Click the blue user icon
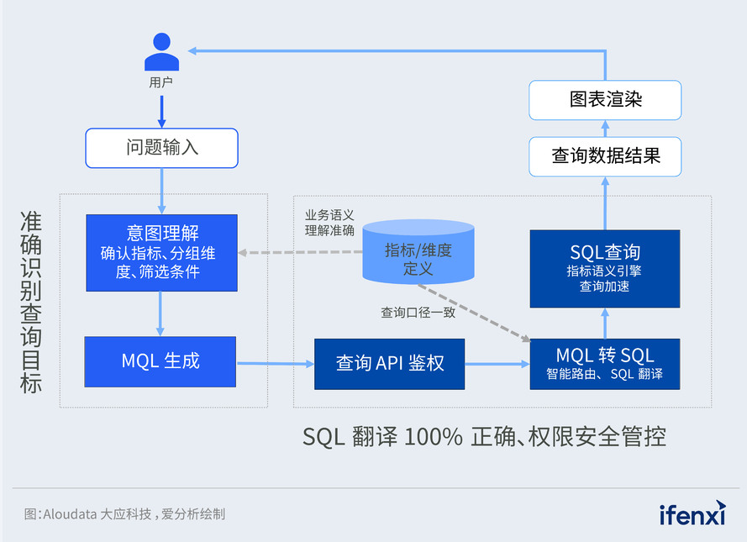[161, 52]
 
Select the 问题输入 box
[161, 148]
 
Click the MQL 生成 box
[160, 362]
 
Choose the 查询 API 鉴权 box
[390, 364]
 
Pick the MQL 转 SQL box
[604, 364]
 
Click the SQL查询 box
[604, 267]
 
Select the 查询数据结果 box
[605, 156]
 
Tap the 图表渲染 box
[605, 100]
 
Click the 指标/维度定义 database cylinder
[418, 251]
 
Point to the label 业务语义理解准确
[329, 223]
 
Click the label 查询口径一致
[418, 313]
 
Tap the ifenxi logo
[692, 513]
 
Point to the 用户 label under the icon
[161, 82]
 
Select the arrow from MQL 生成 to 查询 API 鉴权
[275, 364]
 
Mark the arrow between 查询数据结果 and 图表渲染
[605, 128]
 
